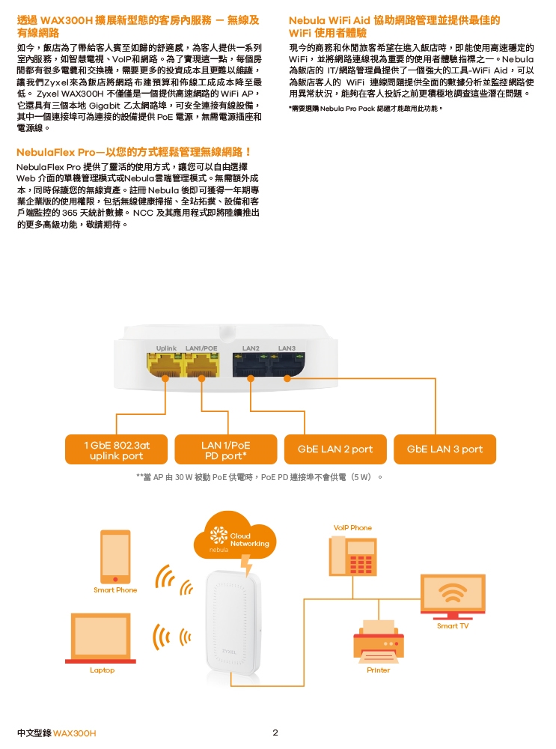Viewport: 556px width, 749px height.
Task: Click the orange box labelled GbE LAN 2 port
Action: point(335,449)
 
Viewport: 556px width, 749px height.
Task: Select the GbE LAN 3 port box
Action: point(445,449)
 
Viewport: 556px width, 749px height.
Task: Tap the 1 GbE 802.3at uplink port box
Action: point(117,449)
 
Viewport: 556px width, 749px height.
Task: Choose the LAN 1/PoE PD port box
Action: point(226,449)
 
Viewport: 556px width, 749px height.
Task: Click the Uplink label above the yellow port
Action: point(166,348)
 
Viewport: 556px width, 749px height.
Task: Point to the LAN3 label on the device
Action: point(287,348)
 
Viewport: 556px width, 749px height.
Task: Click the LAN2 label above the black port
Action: point(251,348)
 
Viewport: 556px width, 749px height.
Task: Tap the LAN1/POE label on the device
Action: point(201,348)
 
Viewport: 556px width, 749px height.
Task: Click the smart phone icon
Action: point(115,557)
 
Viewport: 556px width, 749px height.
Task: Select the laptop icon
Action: point(101,638)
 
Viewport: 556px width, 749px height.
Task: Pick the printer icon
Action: point(379,641)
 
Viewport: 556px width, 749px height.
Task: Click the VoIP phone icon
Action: point(352,556)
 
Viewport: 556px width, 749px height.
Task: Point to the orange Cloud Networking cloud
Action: point(234,535)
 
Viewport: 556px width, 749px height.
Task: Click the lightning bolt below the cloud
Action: point(246,565)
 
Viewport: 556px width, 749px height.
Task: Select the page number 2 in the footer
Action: point(275,733)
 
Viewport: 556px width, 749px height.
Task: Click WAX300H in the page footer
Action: point(74,733)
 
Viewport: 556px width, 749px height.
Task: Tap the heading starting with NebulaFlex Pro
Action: point(134,152)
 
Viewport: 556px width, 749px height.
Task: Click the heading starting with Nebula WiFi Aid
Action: point(394,26)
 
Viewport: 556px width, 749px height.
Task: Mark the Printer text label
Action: point(379,670)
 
